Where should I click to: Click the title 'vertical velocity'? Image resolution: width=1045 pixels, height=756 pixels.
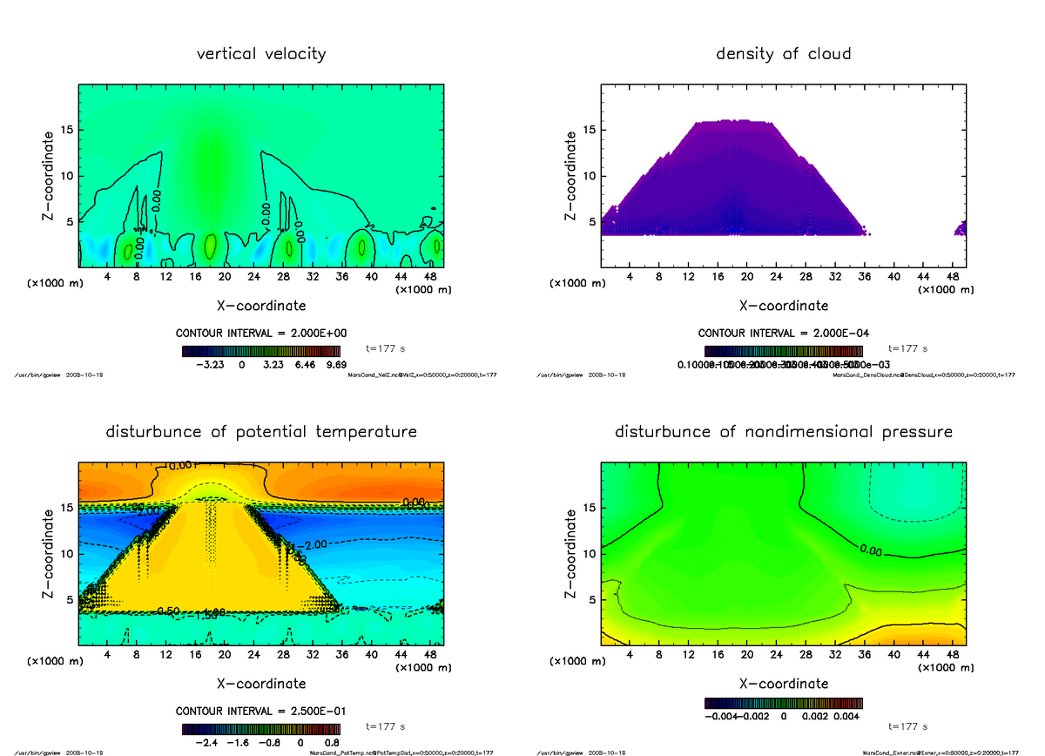(261, 54)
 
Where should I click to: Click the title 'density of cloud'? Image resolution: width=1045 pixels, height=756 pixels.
(783, 54)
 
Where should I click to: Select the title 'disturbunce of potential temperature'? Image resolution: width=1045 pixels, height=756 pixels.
(261, 432)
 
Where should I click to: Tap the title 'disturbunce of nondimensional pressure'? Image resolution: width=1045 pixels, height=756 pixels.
(783, 432)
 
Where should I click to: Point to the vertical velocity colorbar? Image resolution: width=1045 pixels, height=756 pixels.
(260, 352)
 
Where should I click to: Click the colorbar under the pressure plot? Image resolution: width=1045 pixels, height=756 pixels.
(783, 703)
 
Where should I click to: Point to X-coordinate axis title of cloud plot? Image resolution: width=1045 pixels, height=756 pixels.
(783, 306)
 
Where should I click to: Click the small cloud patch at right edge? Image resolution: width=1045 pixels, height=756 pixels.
(961, 229)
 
